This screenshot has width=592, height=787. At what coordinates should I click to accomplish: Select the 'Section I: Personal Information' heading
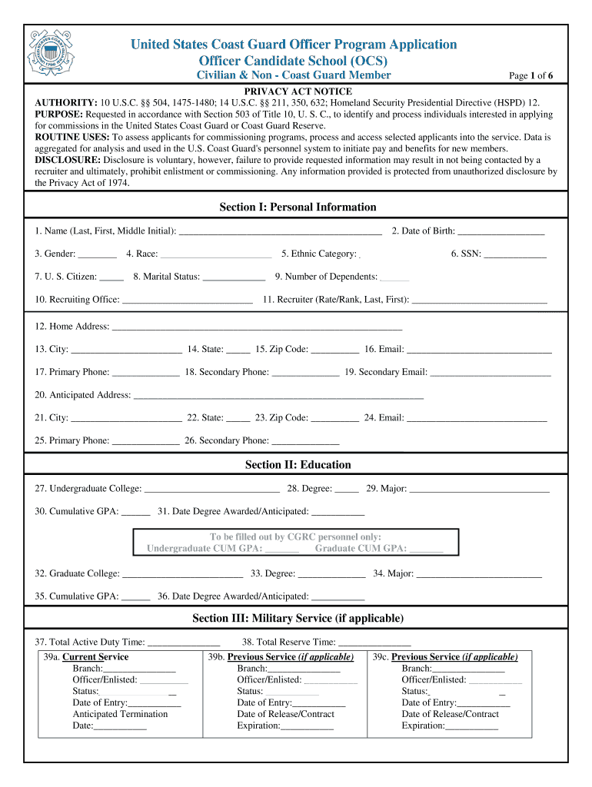pyautogui.click(x=298, y=207)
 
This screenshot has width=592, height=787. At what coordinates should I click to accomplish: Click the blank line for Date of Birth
pyautogui.click(x=501, y=231)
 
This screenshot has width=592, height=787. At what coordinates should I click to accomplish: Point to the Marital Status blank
pyautogui.click(x=234, y=277)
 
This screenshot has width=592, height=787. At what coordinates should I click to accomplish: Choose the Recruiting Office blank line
pyautogui.click(x=188, y=301)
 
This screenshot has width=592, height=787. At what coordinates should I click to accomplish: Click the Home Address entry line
pyautogui.click(x=257, y=327)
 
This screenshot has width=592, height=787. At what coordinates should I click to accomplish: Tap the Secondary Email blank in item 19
pyautogui.click(x=491, y=373)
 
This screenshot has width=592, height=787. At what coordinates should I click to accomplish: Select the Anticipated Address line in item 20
pyautogui.click(x=278, y=396)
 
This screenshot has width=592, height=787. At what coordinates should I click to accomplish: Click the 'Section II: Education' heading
pyautogui.click(x=298, y=464)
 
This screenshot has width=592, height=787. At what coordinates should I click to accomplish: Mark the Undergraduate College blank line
pyautogui.click(x=211, y=490)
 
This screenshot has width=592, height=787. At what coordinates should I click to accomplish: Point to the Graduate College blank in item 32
pyautogui.click(x=183, y=574)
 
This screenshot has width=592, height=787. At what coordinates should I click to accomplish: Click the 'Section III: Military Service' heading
pyautogui.click(x=298, y=618)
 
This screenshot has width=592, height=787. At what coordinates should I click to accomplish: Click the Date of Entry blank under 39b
pyautogui.click(x=318, y=703)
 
